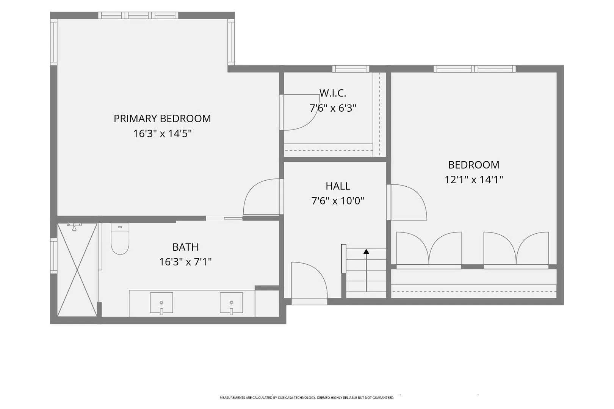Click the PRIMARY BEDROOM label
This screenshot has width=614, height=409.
pos(162,119)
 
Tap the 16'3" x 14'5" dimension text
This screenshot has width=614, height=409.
pos(162,134)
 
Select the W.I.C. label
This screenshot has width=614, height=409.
pos(333,93)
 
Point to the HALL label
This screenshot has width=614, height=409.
pos(338,186)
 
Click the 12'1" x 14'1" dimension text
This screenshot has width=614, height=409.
pos(474,180)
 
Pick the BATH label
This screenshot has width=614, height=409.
pos(185,247)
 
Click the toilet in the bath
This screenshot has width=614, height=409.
pos(120,239)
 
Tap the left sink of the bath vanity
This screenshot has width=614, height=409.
pos(161,303)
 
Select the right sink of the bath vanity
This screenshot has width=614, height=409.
pos(231,303)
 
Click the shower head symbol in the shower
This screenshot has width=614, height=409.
pos(74,227)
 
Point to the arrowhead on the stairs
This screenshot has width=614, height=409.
pos(366,251)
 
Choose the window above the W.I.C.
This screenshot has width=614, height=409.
pos(351,69)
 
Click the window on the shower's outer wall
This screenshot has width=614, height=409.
pos(54,256)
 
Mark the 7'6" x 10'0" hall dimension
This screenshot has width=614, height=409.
pos(338,201)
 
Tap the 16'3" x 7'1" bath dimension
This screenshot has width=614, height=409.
pos(185,262)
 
